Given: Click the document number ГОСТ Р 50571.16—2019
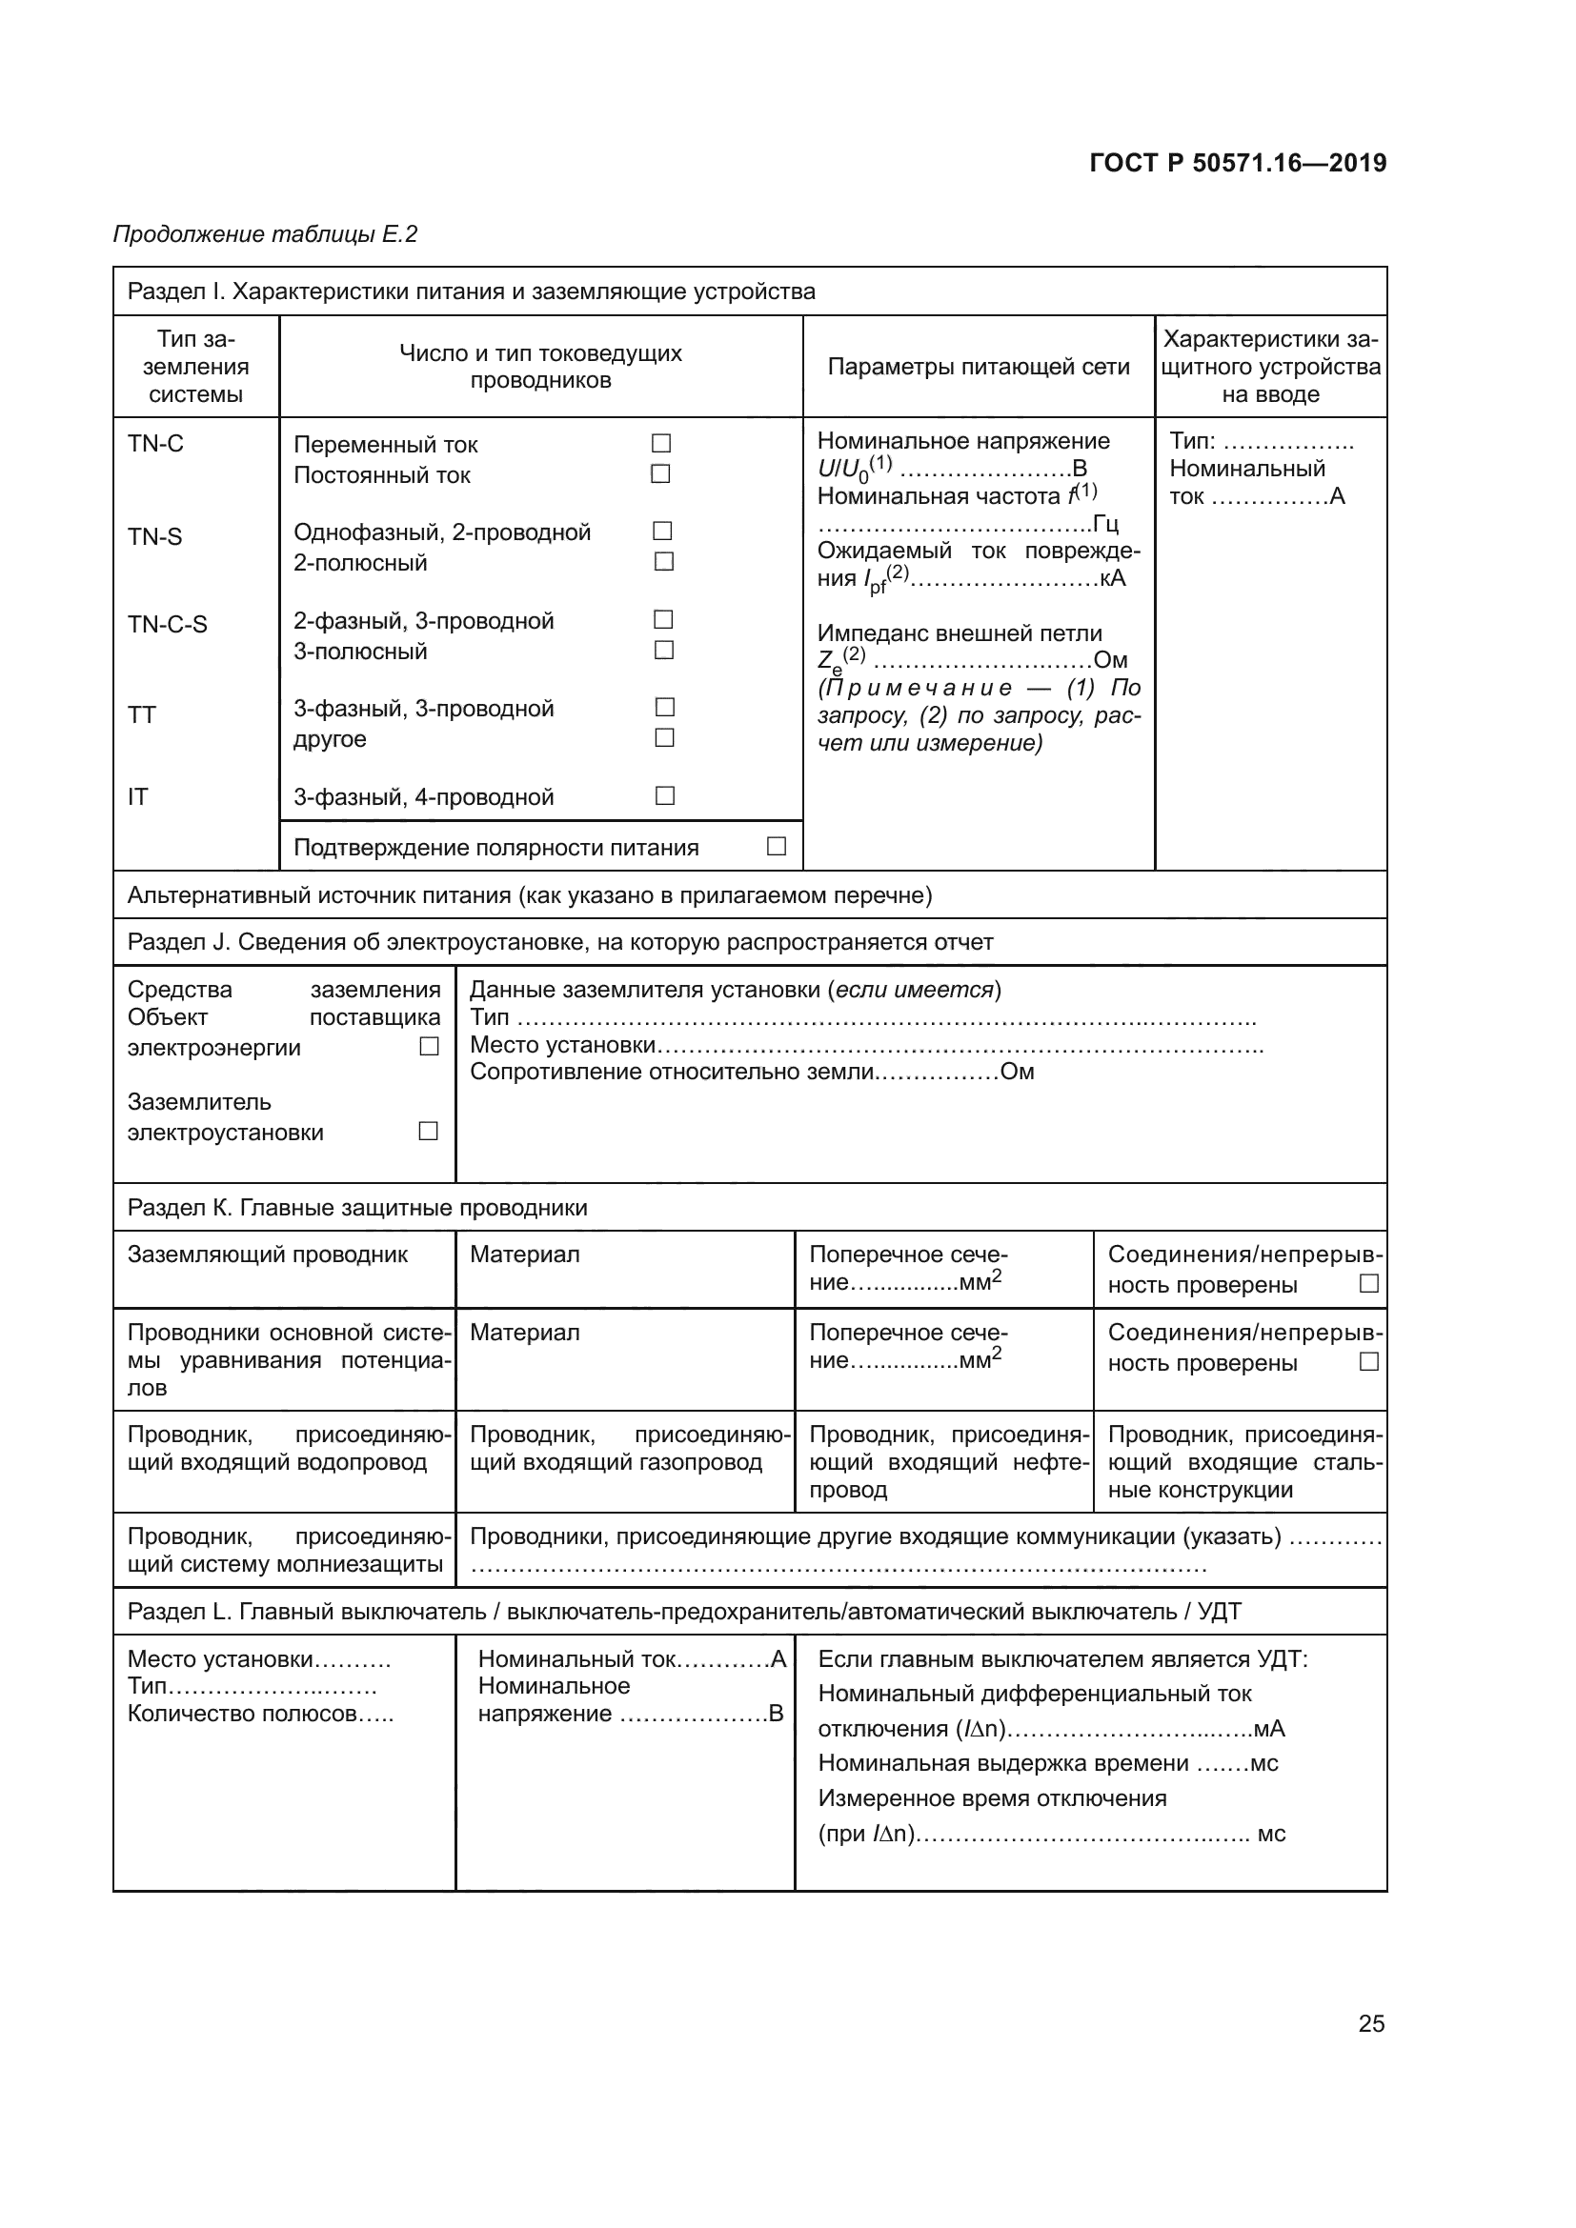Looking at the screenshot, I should point(1238,163).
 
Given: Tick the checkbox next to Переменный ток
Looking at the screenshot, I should point(661,444).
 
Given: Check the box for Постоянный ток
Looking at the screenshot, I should point(661,474).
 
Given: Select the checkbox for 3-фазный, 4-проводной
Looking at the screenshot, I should point(665,795).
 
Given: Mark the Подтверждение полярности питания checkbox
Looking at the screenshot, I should point(777,846).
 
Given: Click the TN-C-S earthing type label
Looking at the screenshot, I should point(167,624).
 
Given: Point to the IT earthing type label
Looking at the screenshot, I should point(138,796).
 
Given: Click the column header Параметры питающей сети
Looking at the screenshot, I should point(979,367).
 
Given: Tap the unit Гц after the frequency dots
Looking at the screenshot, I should point(1105,524).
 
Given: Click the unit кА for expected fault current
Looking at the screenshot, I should point(1112,578).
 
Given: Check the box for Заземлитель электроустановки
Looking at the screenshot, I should point(428,1131).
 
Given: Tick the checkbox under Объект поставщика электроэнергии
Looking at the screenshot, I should point(429,1046).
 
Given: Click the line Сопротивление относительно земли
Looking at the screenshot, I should point(751,1072).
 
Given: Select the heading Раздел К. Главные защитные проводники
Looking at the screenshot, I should point(357,1207).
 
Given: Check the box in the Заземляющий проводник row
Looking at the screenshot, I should point(1368,1283).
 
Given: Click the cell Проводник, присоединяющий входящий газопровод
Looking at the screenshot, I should point(625,1448).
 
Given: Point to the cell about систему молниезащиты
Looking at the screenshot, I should point(284,1550).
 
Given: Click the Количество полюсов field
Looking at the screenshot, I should point(260,1713).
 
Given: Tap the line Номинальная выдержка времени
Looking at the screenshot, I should point(1046,1763).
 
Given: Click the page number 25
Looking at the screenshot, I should point(1370,2023).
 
